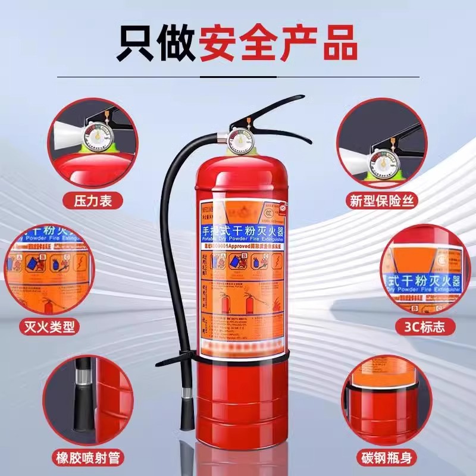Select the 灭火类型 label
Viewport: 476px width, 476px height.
pos(49,326)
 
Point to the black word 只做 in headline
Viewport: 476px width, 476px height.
pos(153,42)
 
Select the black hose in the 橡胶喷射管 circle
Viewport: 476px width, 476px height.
pos(82,399)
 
